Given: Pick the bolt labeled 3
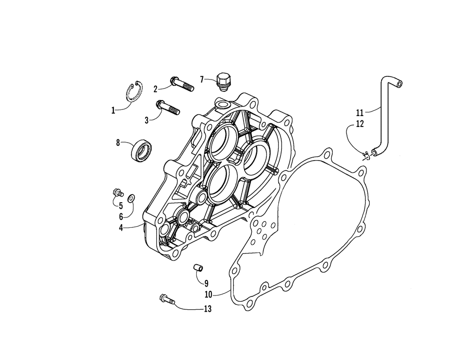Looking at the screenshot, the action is [x=167, y=108].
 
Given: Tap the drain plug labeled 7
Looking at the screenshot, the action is [x=222, y=80].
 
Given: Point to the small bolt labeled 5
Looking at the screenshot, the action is [x=118, y=192].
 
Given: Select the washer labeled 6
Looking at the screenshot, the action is [x=131, y=198].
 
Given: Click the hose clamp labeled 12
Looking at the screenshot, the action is [x=365, y=156].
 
